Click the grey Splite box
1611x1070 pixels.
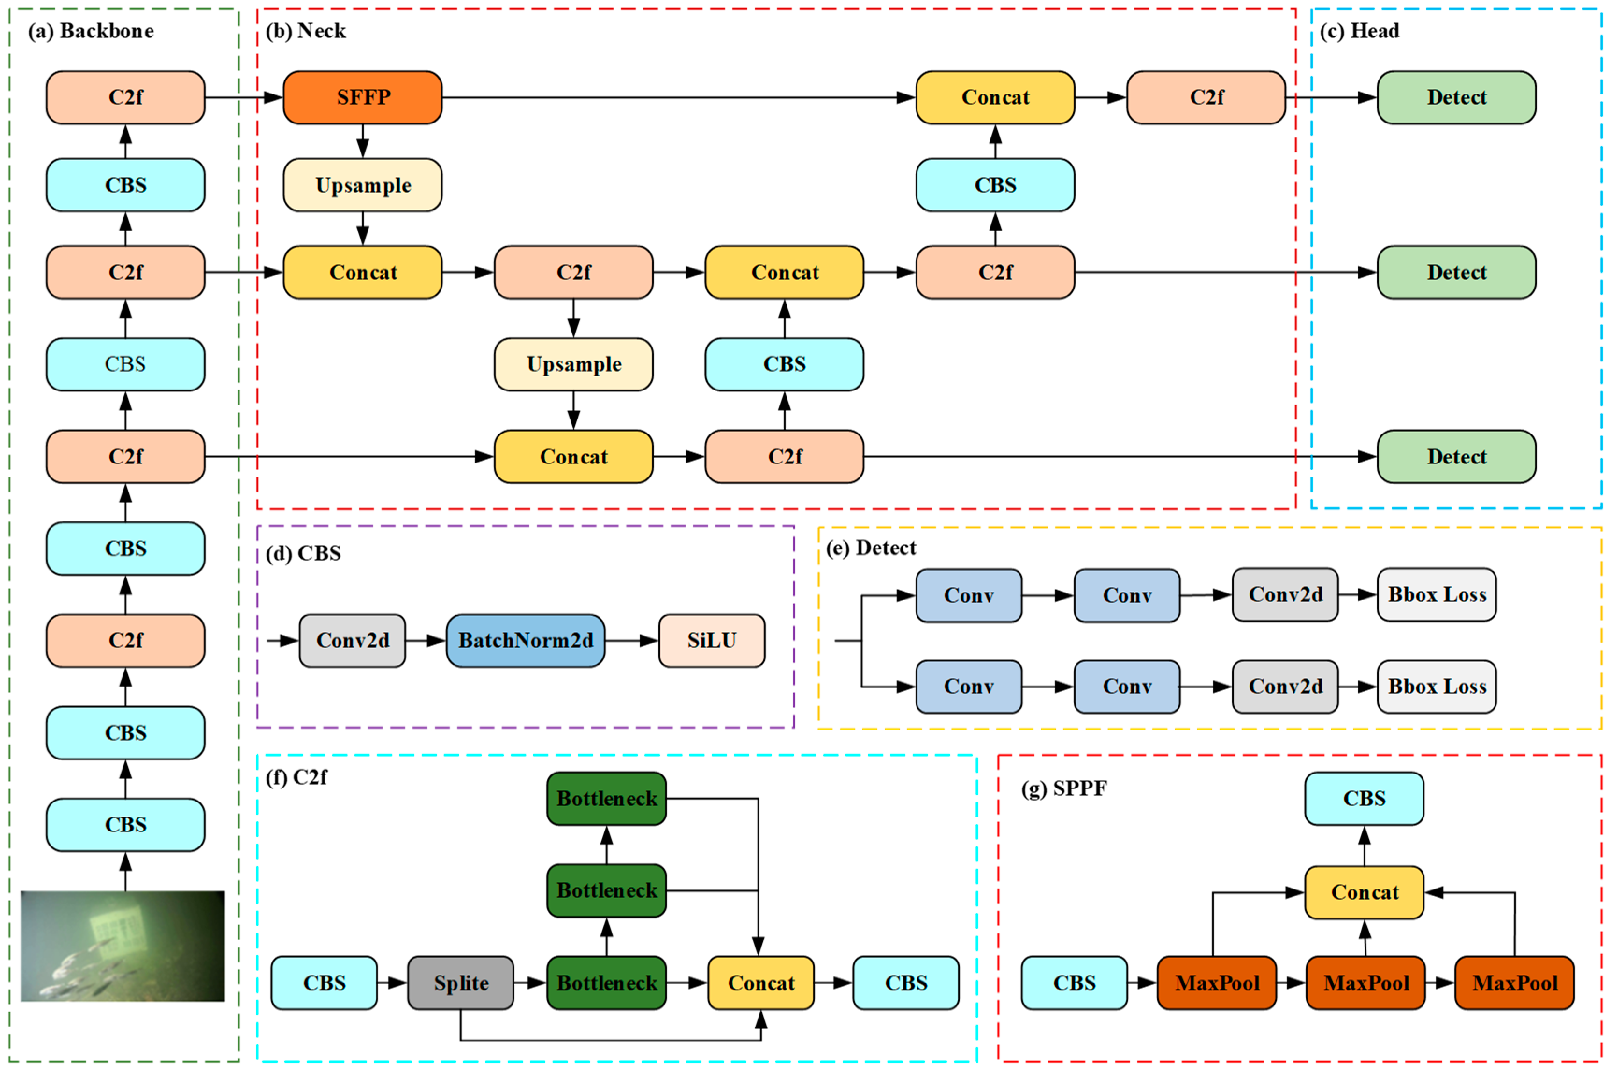[x=461, y=983]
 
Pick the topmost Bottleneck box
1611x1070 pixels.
[x=606, y=798]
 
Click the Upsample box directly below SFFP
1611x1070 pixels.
[x=362, y=185]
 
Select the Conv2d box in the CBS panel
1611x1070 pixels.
[x=352, y=640]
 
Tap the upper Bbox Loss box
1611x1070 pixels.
[x=1436, y=594]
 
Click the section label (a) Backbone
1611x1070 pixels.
[x=91, y=31]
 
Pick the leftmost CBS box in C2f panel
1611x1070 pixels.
[x=324, y=983]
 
